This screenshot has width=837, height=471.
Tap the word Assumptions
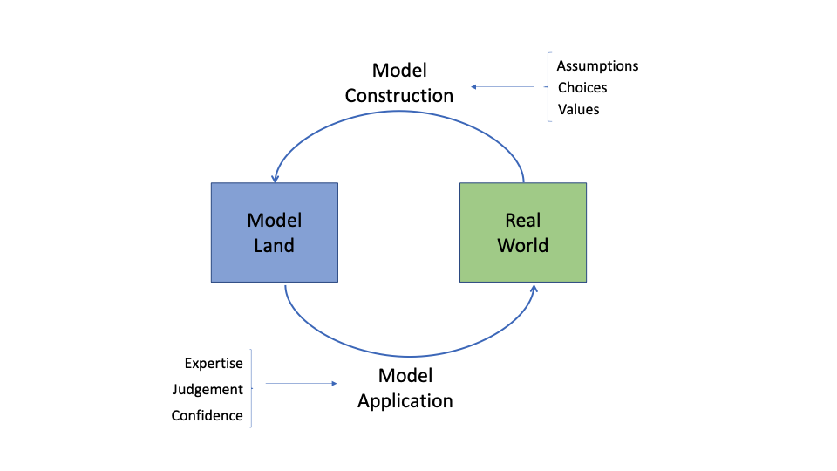[x=598, y=66]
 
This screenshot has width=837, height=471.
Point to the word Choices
[x=582, y=88]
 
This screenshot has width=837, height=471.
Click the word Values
[x=579, y=110]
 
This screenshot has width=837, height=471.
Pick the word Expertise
[x=214, y=364]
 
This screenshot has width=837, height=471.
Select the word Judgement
[x=208, y=390]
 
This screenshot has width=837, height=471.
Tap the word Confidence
[x=207, y=416]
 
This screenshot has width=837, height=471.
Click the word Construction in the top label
[x=399, y=96]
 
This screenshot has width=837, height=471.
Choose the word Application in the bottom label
[x=405, y=401]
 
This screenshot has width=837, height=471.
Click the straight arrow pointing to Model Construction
[x=503, y=87]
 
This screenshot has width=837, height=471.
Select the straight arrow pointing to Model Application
[x=301, y=383]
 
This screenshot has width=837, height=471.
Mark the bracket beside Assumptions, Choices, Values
[x=549, y=87]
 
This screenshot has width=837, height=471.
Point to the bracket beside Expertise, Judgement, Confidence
[x=251, y=389]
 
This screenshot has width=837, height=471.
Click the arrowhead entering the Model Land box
[x=275, y=178]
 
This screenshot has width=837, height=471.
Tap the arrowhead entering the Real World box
[x=532, y=287]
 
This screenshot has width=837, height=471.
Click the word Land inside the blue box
[x=275, y=245]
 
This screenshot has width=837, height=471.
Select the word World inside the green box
[x=523, y=245]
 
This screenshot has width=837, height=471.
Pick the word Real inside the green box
[x=523, y=220]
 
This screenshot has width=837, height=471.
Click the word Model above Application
[x=405, y=376]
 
